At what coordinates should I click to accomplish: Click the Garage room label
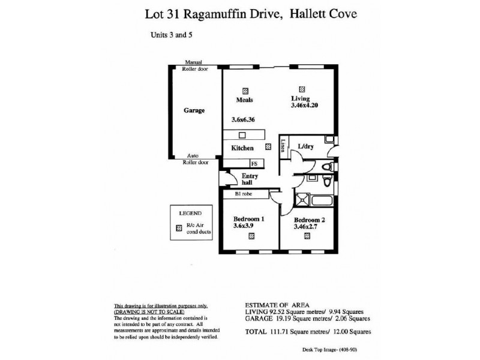coord(194,111)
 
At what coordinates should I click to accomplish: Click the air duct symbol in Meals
coord(245,89)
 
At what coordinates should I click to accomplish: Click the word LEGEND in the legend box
coord(191,213)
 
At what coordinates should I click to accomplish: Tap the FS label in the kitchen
coord(254,162)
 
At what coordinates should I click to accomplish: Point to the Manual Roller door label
coord(193,65)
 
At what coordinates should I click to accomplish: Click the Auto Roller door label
coord(193,158)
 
